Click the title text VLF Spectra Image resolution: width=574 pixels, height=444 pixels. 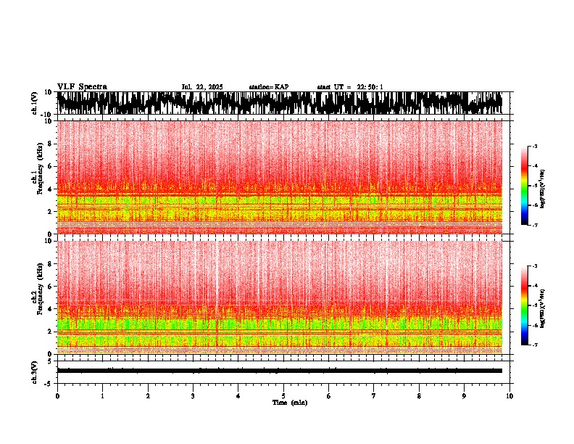coord(82,87)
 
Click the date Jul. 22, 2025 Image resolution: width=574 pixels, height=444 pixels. coord(202,87)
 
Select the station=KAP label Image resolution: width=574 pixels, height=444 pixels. coord(268,87)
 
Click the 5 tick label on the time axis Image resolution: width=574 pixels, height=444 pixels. coord(283,396)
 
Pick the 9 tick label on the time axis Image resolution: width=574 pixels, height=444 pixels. coord(465,396)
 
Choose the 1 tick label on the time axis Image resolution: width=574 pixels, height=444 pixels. coord(102,396)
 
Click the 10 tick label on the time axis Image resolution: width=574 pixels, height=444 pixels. coord(509,396)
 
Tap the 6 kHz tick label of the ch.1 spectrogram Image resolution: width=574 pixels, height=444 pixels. coord(50,166)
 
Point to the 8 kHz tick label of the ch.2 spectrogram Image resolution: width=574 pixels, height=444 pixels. coord(50,263)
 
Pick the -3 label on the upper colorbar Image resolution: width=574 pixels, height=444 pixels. coord(535,147)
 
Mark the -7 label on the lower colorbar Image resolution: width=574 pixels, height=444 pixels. coord(535,345)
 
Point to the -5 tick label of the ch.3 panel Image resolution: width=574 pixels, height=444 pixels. coord(49,382)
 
